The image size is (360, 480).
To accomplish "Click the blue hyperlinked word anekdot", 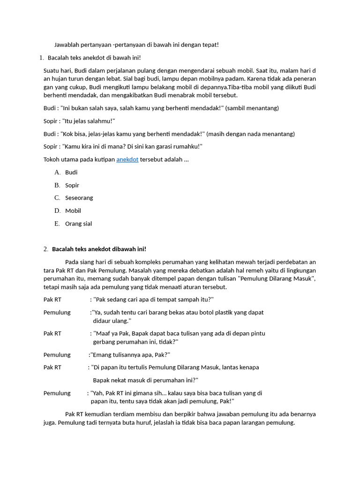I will [127, 159].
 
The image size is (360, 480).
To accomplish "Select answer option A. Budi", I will [71, 172].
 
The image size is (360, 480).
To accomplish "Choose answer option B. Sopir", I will [72, 185].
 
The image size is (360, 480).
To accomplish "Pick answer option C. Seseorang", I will [79, 198].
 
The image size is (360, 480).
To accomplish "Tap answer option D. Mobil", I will [73, 210].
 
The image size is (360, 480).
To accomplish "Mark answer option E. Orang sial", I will [78, 224].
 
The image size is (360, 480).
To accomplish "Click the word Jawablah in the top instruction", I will [67, 45].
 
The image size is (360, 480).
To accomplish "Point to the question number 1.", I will [41, 58].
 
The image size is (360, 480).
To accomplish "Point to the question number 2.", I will [45, 249].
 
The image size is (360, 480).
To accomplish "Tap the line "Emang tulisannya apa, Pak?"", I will [130, 354].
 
